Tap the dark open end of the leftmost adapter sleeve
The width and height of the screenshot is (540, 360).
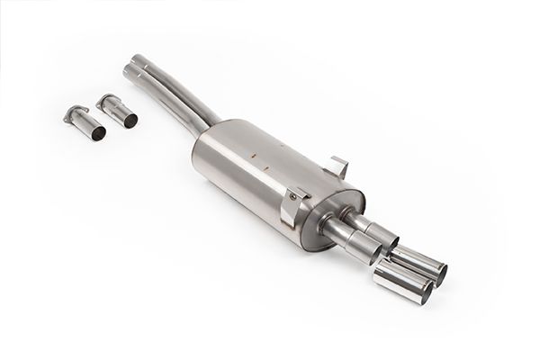(x=97, y=131)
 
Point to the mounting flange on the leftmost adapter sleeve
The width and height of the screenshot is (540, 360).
(x=72, y=113)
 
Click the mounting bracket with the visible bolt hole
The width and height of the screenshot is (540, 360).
(x=292, y=207)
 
